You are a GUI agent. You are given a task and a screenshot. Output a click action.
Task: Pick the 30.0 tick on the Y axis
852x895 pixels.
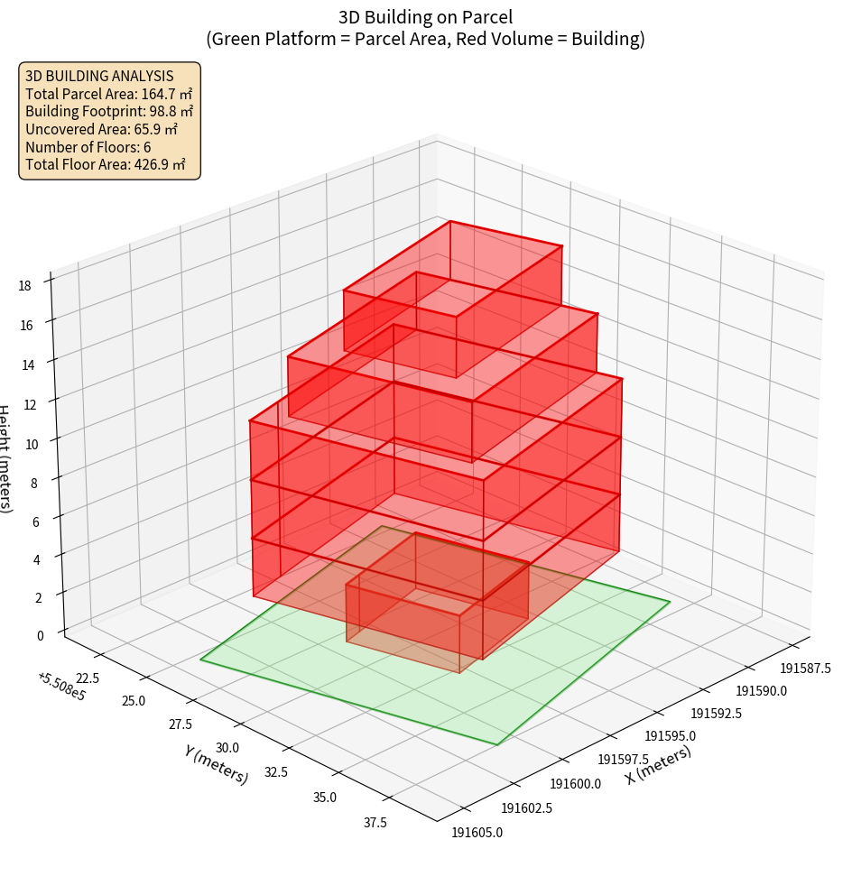pos(227,747)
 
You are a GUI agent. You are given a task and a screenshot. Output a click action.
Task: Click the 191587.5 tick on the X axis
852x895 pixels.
pos(805,668)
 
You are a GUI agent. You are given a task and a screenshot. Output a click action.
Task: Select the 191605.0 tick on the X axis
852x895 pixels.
pos(477,832)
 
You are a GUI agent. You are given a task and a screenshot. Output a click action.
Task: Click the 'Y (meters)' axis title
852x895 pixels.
pos(217,764)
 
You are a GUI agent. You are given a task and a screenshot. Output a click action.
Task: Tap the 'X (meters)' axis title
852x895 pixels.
pos(659,764)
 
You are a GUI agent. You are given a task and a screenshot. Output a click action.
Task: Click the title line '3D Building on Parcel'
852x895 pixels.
pos(425,16)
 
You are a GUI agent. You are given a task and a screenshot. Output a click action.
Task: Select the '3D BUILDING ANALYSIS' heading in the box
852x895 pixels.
pos(99,76)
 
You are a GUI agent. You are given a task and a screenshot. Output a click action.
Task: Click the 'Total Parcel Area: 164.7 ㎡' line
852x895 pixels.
pos(109,94)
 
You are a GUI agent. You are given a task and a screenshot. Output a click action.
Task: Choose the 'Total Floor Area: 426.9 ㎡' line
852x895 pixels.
pos(106,164)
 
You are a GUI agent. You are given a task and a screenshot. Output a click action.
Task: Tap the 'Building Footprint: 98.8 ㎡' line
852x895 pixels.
pos(109,111)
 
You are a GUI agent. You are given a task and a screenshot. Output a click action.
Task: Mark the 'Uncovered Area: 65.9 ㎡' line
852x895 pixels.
pos(101,129)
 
